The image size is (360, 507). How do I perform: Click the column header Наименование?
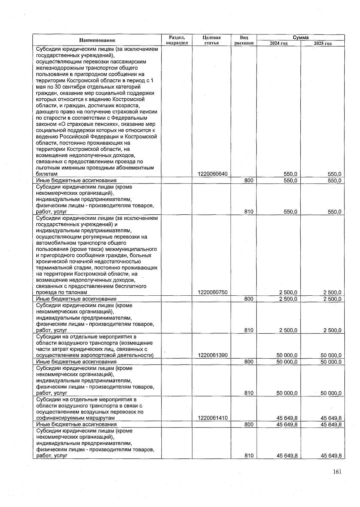(97, 40)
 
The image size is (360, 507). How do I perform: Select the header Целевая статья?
(211, 40)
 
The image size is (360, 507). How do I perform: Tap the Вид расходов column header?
(244, 40)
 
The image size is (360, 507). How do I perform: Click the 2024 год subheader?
(278, 43)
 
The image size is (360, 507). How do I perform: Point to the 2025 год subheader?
(322, 43)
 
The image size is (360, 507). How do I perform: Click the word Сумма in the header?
(301, 37)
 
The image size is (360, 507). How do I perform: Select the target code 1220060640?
(213, 174)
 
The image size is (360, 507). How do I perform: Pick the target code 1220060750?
(213, 292)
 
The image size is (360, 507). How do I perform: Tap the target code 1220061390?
(213, 355)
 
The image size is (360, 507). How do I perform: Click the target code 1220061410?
(213, 418)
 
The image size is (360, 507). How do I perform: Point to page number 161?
(337, 472)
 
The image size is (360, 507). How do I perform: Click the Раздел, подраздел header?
(177, 40)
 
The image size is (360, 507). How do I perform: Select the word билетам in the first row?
(47, 174)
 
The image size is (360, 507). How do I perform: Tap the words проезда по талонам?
(61, 292)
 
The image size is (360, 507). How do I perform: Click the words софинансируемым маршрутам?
(75, 418)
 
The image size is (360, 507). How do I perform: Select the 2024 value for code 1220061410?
(287, 418)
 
